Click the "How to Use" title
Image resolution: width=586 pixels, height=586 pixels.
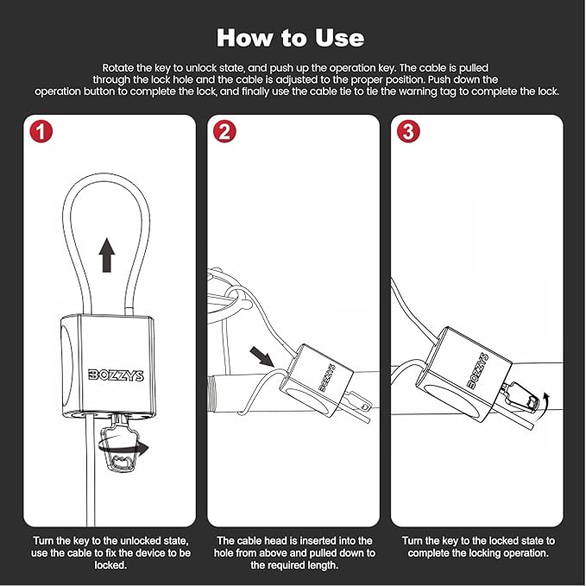[x=290, y=38]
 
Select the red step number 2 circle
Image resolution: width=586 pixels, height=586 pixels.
[x=224, y=132]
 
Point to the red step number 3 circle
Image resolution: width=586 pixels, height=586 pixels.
[x=408, y=132]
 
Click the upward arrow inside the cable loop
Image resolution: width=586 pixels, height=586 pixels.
[x=106, y=255]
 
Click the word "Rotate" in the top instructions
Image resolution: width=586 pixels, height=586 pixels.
[x=120, y=66]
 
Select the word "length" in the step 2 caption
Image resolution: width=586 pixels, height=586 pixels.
[x=318, y=565]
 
